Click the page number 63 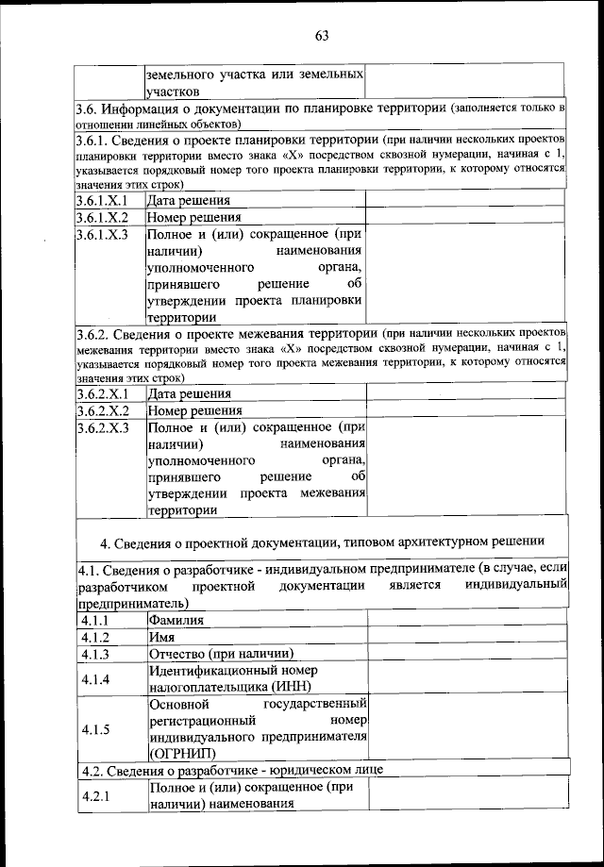pos(321,36)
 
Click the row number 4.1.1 pos(95,620)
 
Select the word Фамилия pos(176,620)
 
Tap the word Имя pos(161,637)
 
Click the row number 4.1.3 pos(95,654)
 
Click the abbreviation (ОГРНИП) pos(181,753)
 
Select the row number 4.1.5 pos(95,728)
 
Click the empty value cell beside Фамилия pos(466,620)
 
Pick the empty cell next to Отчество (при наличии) pos(466,654)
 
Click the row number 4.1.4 pos(95,679)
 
